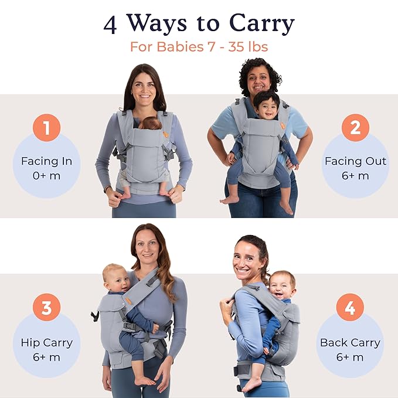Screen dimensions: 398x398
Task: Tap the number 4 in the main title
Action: [x=110, y=24]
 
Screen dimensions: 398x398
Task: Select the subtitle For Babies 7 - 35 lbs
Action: [x=199, y=46]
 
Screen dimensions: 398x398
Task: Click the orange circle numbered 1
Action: [x=46, y=127]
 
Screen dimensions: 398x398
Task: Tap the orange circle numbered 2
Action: [x=355, y=127]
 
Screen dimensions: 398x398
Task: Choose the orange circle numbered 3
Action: [x=46, y=307]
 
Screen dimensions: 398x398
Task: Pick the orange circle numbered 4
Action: [x=350, y=307]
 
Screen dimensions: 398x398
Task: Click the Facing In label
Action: [x=46, y=161]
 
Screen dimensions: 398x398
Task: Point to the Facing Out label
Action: [x=355, y=161]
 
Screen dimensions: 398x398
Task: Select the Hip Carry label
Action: [x=46, y=342]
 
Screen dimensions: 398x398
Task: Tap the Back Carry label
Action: [x=350, y=342]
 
